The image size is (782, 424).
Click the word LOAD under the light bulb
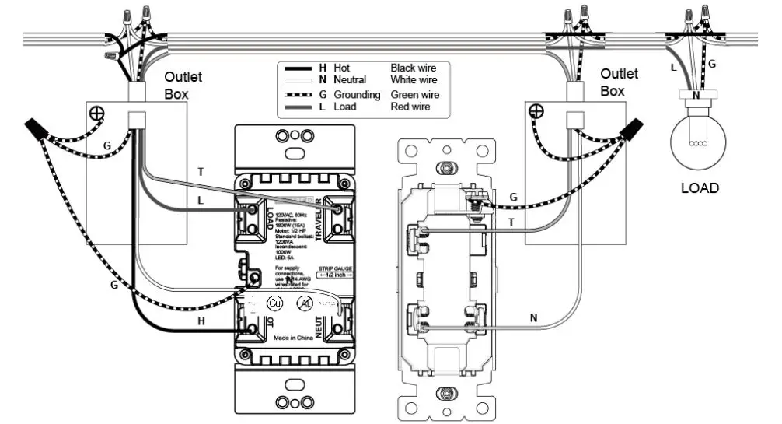point(700,188)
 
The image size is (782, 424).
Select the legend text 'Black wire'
point(413,68)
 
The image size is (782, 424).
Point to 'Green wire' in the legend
point(414,95)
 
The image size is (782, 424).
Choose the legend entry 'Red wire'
point(410,107)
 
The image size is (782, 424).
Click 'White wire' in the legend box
point(414,80)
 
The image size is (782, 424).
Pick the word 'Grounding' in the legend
point(357,95)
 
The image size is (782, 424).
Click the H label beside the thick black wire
point(201,321)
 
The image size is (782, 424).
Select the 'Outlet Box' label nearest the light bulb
point(619,82)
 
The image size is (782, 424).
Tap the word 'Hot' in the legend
point(341,68)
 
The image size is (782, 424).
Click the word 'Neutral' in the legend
point(350,80)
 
